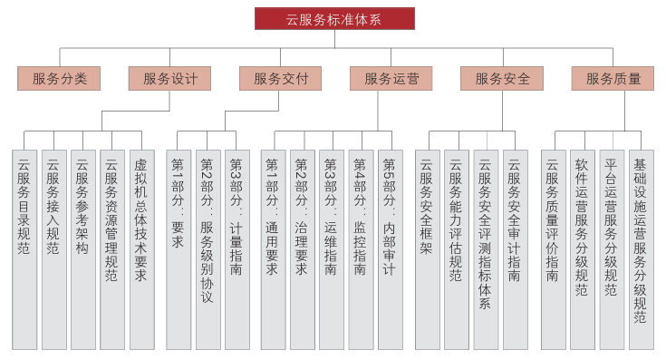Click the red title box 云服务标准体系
coord(334,19)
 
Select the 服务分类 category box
coord(59,79)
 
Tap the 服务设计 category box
coord(169,79)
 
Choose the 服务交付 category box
coord(280,79)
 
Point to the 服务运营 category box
coord(391,79)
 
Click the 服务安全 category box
coord(501,79)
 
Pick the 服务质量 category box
coord(613,79)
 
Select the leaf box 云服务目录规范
coord(24,249)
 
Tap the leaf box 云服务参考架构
coord(82,249)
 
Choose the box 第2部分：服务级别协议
coord(208,249)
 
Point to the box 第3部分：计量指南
coord(236,249)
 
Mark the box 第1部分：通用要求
coord(274,249)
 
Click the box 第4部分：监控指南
coord(361,249)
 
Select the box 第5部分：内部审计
coord(390,249)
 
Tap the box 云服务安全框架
coord(427,249)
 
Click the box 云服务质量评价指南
coord(553,249)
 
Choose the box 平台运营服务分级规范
coord(611,249)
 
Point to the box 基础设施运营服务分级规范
coord(641,249)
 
